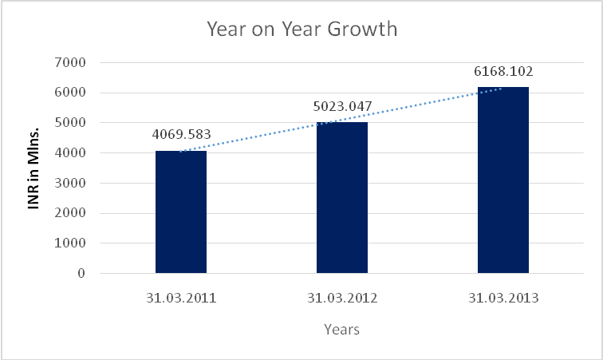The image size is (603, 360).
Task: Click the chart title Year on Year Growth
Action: pos(301,30)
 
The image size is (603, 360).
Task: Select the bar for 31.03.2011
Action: pos(181,212)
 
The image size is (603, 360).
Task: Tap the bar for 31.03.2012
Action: pos(342,197)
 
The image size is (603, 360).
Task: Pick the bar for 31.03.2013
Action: pos(503,180)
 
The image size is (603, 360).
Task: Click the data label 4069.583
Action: pos(181,134)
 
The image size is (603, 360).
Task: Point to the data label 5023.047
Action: pos(342,105)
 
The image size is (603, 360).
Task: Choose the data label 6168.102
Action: pos(503,71)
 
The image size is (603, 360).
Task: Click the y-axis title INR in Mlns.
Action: pos(34,168)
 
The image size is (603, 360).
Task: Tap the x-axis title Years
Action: pos(341,329)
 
